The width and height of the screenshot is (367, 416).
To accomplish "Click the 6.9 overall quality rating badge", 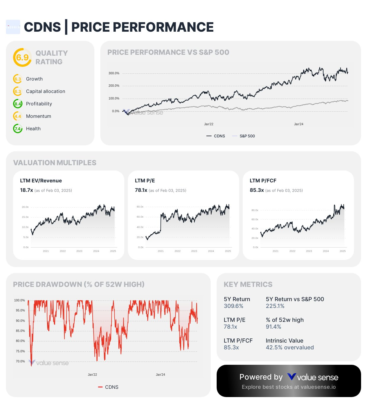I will tap(22, 57).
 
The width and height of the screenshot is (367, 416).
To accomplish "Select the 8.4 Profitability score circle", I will tap(18, 104).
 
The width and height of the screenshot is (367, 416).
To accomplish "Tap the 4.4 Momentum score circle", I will tap(18, 116).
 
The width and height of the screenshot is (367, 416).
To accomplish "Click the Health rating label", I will tap(33, 129).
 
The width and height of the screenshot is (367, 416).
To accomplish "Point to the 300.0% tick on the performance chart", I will tap(114, 73).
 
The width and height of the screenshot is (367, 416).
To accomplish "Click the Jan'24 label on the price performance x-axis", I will tap(299, 124).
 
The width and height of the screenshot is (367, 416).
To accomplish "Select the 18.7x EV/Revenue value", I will tap(26, 190).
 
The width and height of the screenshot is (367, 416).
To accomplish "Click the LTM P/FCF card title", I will tap(263, 181).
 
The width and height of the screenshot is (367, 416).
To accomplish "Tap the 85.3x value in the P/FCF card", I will tap(257, 190).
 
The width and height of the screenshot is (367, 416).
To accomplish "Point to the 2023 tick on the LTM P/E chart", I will tap(194, 251).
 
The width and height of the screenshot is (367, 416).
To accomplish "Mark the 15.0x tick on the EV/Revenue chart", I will tap(25, 217).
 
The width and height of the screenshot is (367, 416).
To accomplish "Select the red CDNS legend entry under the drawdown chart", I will tap(108, 387).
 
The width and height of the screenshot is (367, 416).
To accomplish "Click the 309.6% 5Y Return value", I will tap(234, 306).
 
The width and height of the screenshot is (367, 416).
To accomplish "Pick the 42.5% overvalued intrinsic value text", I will tap(290, 348).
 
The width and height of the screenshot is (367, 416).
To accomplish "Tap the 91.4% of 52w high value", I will tap(273, 327).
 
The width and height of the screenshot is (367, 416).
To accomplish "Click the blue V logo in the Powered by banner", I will tap(292, 377).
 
